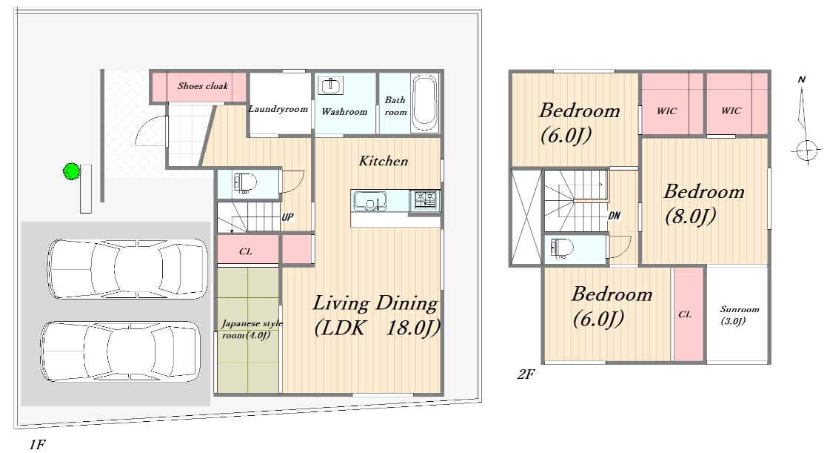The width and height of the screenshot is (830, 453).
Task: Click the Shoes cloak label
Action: (203, 86)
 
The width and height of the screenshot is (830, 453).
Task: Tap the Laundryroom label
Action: (278, 109)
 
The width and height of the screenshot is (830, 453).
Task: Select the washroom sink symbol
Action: (331, 85)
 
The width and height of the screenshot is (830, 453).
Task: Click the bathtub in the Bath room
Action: (424, 103)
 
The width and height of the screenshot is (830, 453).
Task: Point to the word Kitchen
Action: (384, 161)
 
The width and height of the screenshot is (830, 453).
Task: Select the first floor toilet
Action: (244, 182)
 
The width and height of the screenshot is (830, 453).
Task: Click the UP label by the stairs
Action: (287, 216)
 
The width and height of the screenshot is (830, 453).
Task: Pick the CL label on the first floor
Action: (246, 251)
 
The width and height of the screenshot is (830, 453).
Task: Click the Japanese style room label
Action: (252, 329)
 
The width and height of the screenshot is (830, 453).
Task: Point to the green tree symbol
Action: (72, 171)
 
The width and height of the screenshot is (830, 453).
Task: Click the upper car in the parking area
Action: (127, 268)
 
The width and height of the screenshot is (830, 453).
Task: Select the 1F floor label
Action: (37, 444)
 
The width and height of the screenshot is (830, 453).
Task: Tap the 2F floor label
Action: (526, 374)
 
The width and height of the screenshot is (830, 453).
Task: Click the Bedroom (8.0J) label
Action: (704, 204)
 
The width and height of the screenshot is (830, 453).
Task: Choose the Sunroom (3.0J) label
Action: (739, 314)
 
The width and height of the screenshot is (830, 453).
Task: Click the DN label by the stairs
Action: (614, 216)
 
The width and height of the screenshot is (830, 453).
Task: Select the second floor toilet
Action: (562, 248)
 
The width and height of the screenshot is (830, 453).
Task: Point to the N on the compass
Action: (801, 79)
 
